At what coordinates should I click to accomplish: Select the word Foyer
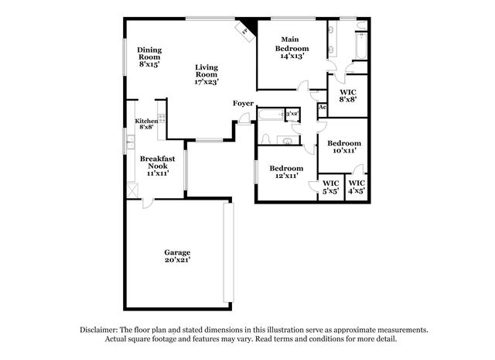(x=243, y=104)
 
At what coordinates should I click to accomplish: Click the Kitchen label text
(x=146, y=122)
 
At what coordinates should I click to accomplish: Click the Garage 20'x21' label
(x=177, y=257)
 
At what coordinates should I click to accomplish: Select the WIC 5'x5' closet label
(x=331, y=187)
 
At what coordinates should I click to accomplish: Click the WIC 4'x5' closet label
(x=356, y=187)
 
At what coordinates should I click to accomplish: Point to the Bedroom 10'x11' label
(x=344, y=147)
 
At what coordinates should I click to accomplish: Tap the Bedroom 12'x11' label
(x=286, y=172)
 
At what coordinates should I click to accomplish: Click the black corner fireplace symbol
(x=246, y=28)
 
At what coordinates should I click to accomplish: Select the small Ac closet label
(x=323, y=108)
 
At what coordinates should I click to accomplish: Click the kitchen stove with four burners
(x=130, y=142)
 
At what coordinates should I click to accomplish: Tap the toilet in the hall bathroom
(x=265, y=139)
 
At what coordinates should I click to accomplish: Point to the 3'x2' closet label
(x=291, y=115)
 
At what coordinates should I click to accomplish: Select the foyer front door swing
(x=244, y=118)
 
